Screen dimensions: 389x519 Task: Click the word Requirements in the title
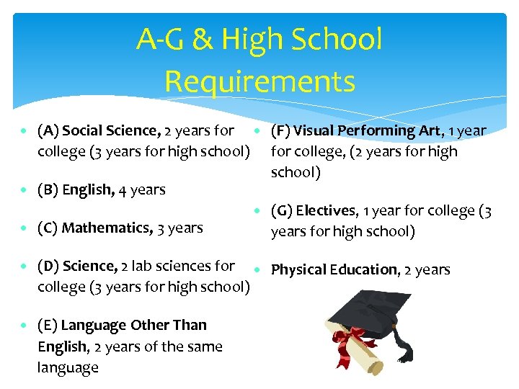pyautogui.click(x=259, y=81)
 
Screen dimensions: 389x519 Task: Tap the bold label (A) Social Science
pyautogui.click(x=99, y=130)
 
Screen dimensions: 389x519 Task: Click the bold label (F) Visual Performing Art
pyautogui.click(x=355, y=130)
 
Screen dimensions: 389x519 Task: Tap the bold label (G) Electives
pyautogui.click(x=314, y=211)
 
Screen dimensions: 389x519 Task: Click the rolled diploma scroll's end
pyautogui.click(x=376, y=367)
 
